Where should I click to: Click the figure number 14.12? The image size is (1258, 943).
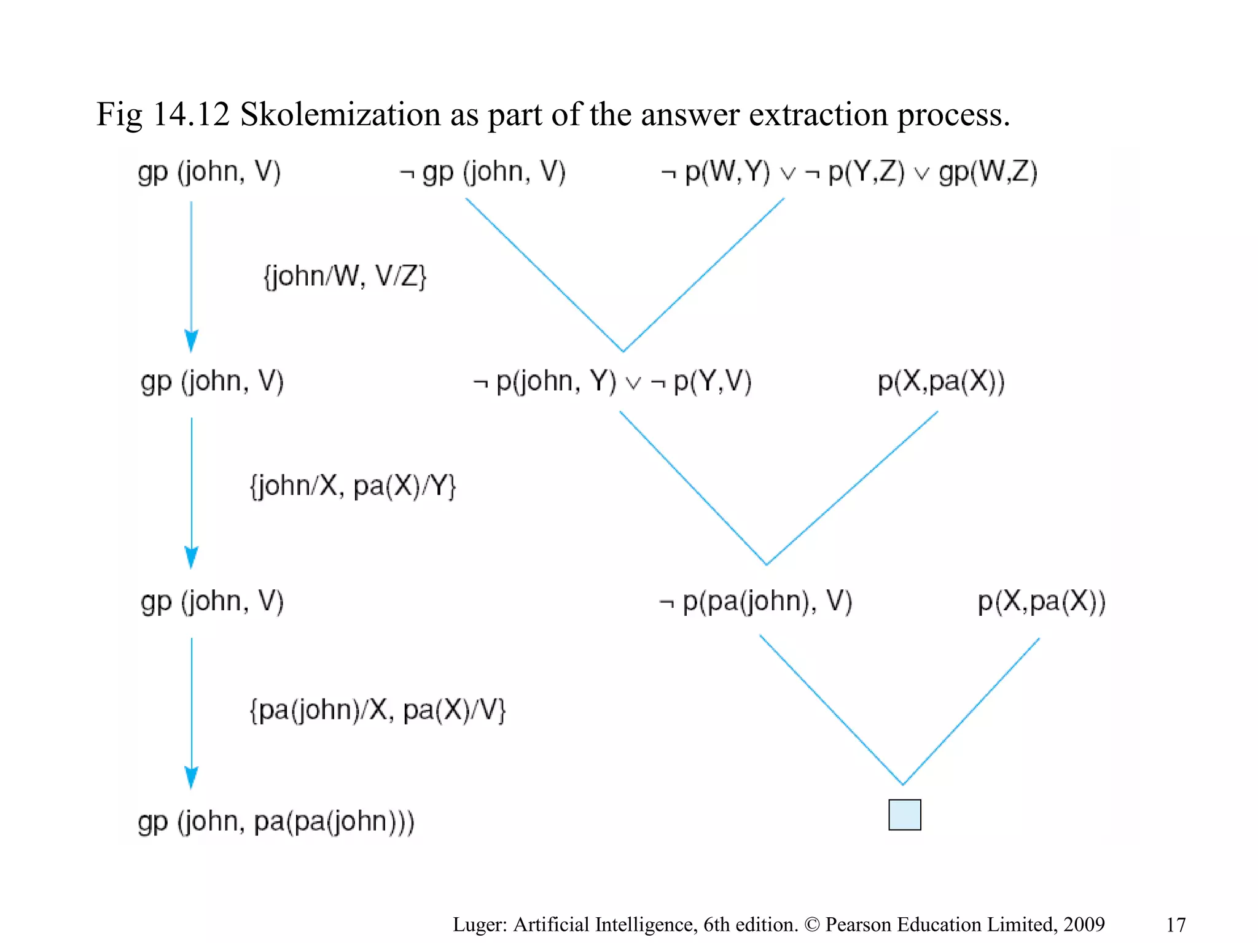tap(190, 115)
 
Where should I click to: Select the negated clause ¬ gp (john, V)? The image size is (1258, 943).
tap(482, 172)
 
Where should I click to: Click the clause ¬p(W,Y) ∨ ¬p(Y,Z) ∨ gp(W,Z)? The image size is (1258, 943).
tap(849, 172)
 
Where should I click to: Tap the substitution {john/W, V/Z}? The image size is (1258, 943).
tap(345, 276)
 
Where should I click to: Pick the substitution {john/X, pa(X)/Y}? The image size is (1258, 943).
tap(353, 486)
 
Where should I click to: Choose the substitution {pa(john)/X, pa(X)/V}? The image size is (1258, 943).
tap(377, 710)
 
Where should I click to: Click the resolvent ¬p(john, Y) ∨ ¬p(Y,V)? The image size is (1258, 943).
tap(612, 382)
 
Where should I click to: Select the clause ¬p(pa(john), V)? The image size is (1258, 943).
tap(756, 602)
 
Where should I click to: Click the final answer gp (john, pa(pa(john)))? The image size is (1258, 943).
tap(276, 821)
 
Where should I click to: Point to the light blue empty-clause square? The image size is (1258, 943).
tap(904, 815)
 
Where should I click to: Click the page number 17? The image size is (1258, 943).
tap(1176, 925)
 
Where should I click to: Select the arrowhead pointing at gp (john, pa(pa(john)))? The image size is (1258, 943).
tap(192, 777)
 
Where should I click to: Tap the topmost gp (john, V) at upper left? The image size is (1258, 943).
tap(209, 172)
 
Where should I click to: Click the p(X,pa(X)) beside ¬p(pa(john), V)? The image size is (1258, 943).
tap(1041, 602)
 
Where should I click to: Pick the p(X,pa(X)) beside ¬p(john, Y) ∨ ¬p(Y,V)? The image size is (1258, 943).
tap(941, 382)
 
